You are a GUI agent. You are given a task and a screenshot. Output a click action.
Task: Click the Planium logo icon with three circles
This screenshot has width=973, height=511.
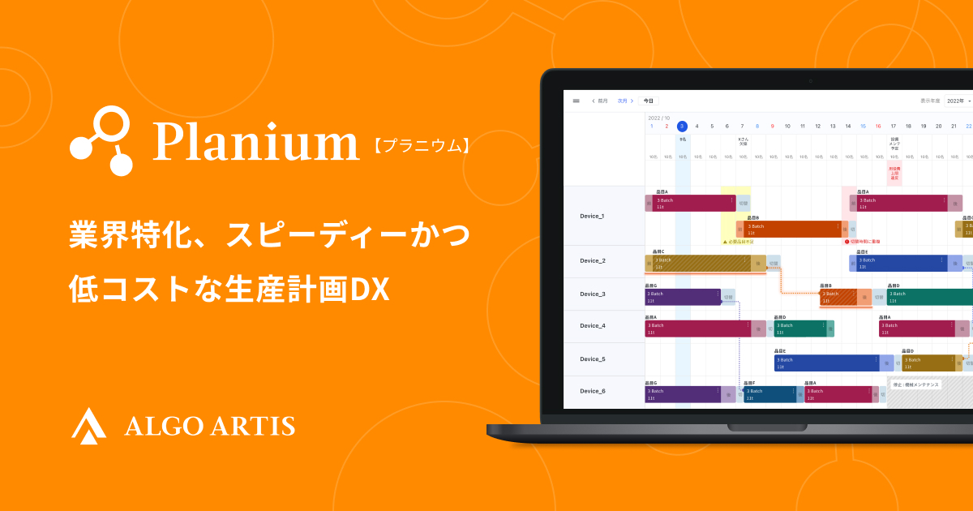coord(103,141)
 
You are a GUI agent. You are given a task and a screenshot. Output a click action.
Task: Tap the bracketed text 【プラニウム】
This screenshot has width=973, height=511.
coord(422,146)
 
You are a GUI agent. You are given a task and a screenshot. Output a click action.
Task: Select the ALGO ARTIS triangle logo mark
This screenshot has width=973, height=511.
coord(88,425)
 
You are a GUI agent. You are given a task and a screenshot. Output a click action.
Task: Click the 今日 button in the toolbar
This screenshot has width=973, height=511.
coord(648,101)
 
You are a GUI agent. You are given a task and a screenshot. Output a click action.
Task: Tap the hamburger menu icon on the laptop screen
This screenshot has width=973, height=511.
coord(576,101)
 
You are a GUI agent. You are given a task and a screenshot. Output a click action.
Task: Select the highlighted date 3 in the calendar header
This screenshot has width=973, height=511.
coord(682,126)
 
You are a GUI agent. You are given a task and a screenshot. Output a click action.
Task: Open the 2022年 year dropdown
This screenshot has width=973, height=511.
coord(958,101)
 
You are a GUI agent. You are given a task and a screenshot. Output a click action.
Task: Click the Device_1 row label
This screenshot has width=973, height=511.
coord(592,216)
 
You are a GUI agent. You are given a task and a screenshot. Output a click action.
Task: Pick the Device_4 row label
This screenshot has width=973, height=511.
coord(592,325)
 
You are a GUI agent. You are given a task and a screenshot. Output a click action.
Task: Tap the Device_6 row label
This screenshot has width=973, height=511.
coord(592,391)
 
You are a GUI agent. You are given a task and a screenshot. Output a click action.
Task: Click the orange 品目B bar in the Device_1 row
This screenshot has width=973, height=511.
coord(791,229)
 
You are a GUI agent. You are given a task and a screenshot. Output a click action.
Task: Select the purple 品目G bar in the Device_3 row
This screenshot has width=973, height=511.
coord(682,297)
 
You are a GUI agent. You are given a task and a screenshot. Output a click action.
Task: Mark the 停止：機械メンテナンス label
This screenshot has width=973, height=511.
coord(916,384)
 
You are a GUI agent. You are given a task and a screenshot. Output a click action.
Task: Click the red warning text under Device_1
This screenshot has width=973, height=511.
coord(864,242)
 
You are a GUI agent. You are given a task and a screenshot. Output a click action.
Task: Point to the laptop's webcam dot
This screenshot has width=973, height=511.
coord(809,81)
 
